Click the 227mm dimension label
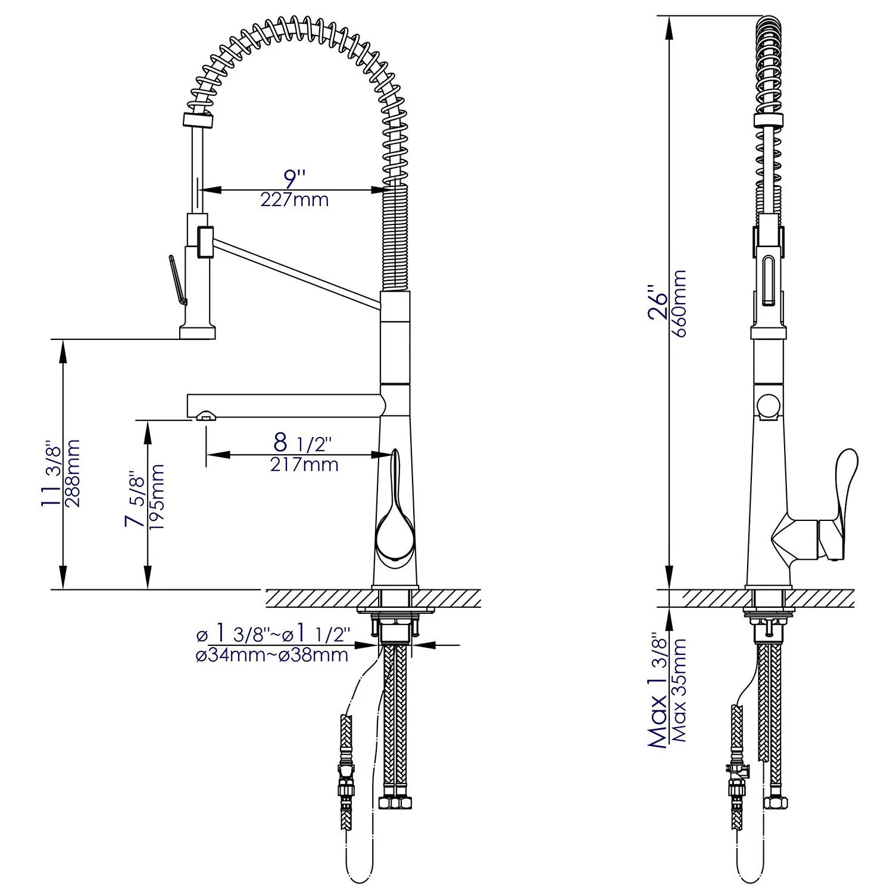coord(294,199)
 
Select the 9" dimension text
coord(294,178)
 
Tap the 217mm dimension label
coord(304,464)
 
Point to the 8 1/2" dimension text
coord(302,443)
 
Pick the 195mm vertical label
coord(157,498)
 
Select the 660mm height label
coord(679,304)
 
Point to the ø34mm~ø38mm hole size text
coord(272,655)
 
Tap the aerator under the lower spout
coord(204,415)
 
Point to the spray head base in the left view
coord(197,330)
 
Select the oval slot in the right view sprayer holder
coord(768,280)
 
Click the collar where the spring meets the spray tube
coord(196,119)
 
